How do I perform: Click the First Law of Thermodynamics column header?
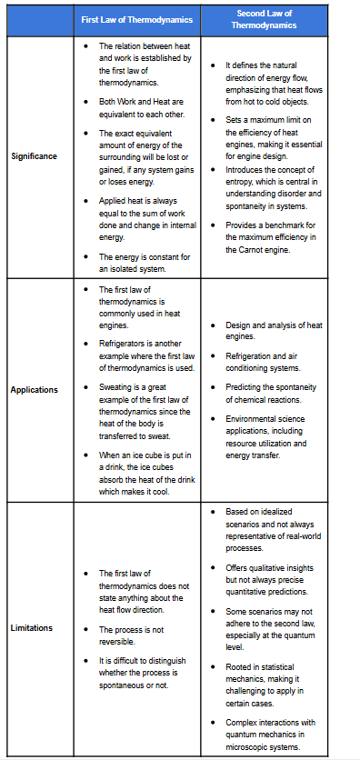coord(136,19)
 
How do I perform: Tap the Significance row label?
coord(35,156)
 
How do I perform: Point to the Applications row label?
coord(35,390)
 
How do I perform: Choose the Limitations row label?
coord(33,628)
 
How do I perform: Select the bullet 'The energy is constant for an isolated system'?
coord(145,262)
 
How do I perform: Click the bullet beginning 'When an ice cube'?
coord(145,473)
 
